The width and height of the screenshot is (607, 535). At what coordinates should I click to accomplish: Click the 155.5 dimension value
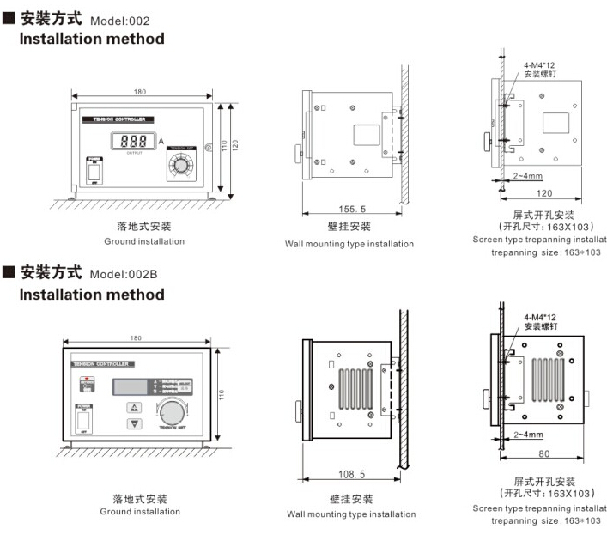350,209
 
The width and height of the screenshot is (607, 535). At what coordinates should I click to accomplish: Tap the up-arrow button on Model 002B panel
134,408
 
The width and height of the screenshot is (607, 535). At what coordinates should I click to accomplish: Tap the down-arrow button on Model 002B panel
134,423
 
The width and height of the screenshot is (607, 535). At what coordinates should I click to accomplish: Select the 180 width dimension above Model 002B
136,338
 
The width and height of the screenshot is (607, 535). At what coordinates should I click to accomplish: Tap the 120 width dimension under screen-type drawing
543,193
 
